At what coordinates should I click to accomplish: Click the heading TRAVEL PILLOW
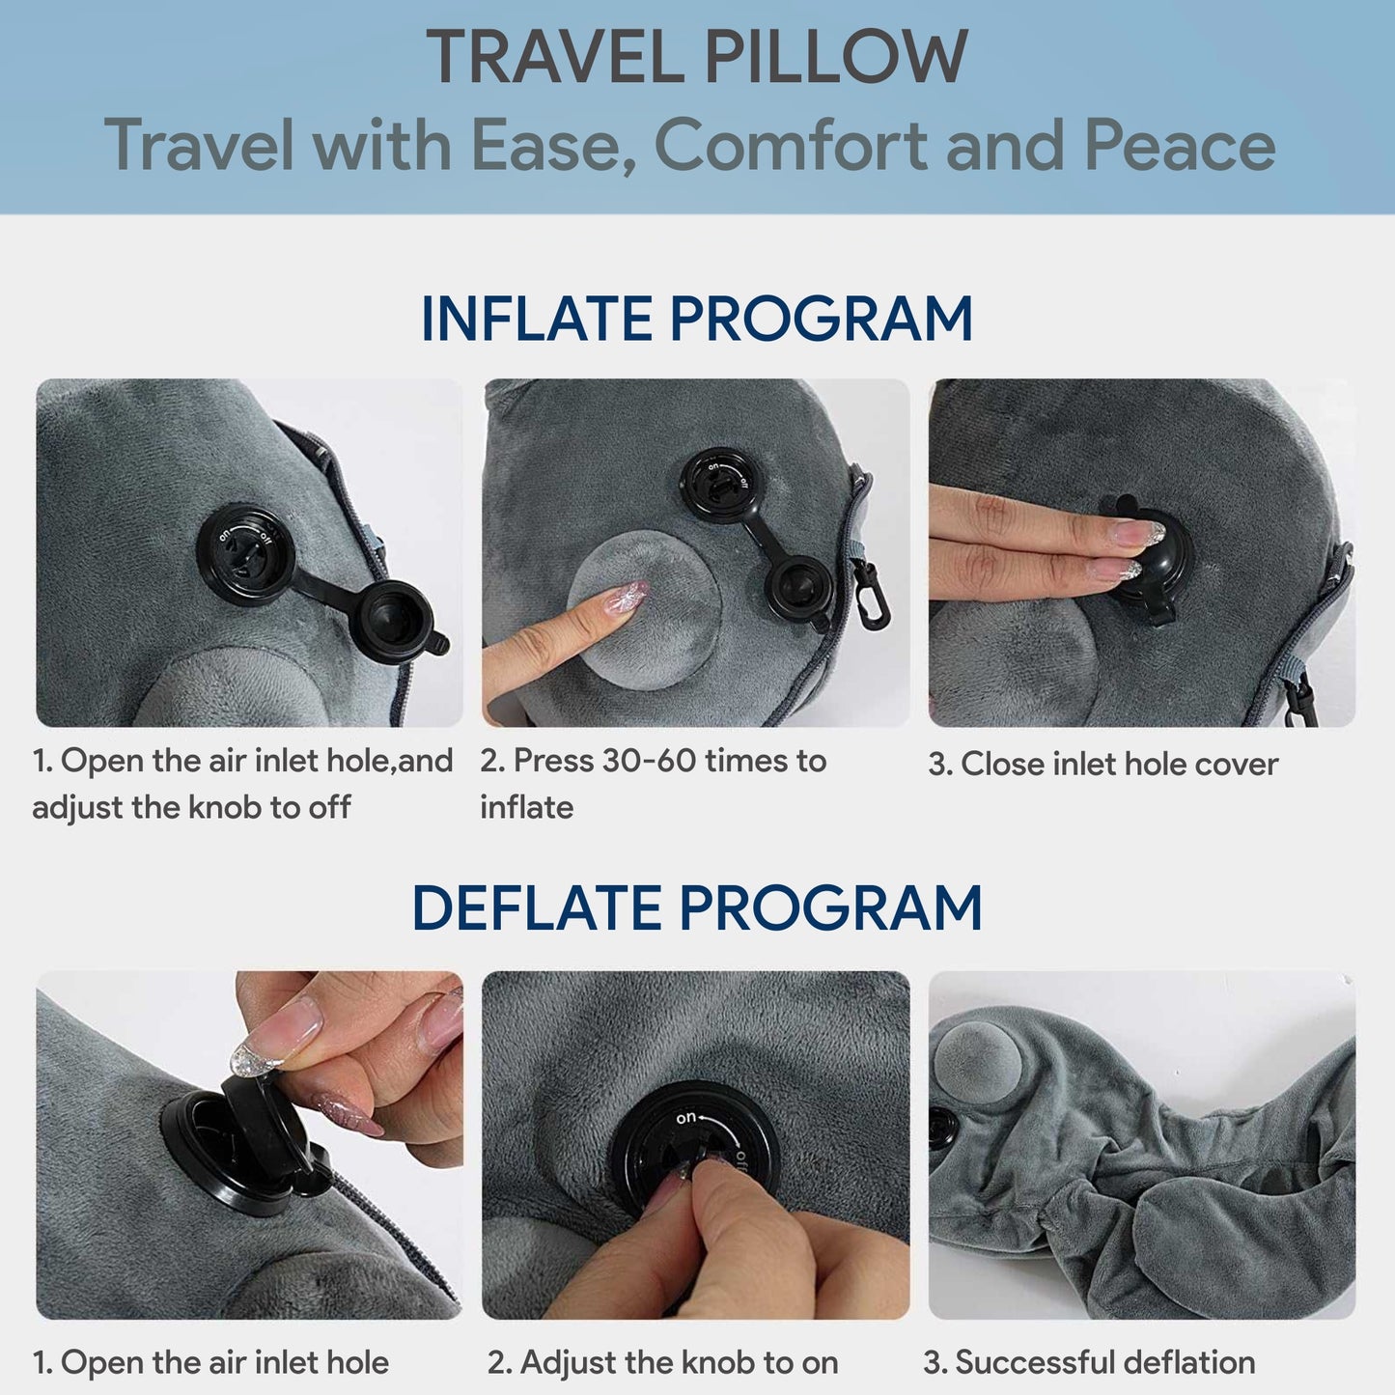coord(697,58)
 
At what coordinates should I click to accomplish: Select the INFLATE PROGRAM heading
coord(697,319)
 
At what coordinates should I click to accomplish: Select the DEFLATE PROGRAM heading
coord(697,908)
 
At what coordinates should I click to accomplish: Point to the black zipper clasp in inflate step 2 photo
coord(875,594)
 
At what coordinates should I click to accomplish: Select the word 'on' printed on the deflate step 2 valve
coord(685,1118)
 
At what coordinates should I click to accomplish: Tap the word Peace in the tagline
coord(1180,145)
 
